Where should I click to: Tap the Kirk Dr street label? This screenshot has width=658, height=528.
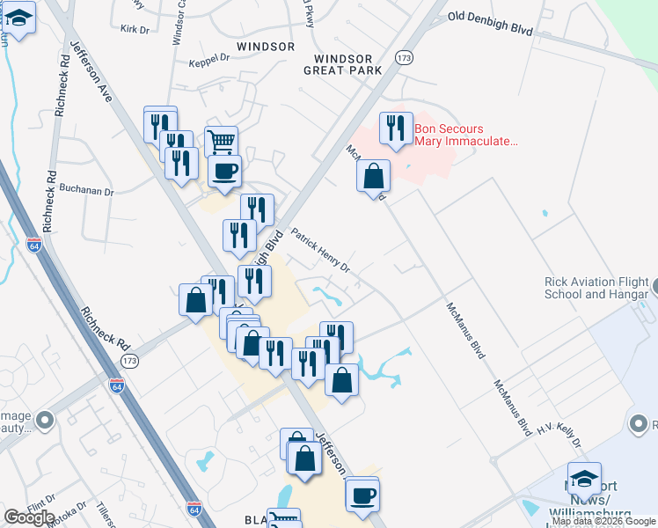click(135, 29)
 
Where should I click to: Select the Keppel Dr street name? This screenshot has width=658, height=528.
click(208, 62)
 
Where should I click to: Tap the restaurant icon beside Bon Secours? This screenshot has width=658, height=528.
click(396, 128)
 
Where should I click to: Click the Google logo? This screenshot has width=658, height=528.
click(29, 517)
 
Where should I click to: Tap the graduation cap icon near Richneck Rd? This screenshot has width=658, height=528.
click(19, 17)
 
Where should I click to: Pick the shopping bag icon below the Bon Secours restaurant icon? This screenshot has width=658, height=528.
click(374, 175)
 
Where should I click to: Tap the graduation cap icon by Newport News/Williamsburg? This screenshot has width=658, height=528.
click(584, 478)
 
